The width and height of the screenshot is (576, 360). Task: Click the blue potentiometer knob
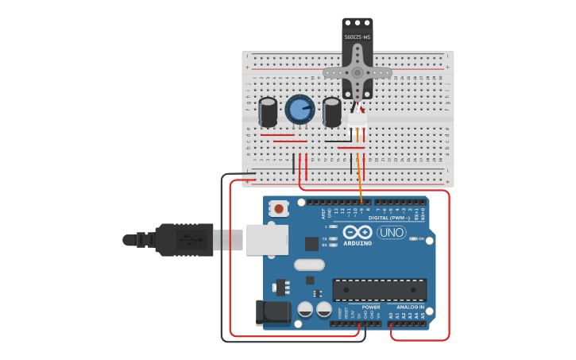(300, 110)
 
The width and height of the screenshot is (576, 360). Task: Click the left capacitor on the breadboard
(269, 111)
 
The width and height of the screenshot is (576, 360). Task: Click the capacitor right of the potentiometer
(331, 111)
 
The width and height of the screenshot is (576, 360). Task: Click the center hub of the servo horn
(358, 72)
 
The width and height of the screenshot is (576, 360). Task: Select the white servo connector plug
(358, 120)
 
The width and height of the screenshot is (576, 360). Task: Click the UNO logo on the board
(391, 232)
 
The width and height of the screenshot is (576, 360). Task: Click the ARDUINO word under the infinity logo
(358, 243)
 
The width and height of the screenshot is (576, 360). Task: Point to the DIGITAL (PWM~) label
(389, 217)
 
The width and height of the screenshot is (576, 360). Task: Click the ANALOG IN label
(411, 307)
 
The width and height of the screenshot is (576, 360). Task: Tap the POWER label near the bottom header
(370, 307)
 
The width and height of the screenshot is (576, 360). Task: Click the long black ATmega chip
(379, 289)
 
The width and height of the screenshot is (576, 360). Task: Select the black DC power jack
(273, 312)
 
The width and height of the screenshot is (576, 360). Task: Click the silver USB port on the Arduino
(266, 239)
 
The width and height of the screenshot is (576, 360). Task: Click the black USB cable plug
(184, 239)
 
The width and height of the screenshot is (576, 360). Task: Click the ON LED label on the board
(420, 238)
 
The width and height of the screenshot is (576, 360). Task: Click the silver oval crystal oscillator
(309, 265)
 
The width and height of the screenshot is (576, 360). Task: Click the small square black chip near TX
(311, 244)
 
